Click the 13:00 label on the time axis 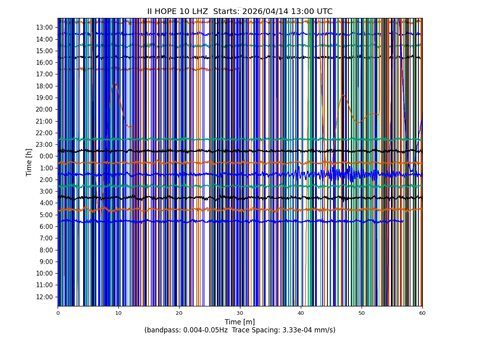[x=44, y=27]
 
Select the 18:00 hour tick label [x=44, y=86]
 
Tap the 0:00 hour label [x=46, y=156]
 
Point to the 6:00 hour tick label [x=46, y=226]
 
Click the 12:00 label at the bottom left [x=44, y=297]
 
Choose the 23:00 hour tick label [x=44, y=144]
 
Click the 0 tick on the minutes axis [x=58, y=313]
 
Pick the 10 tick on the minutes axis [x=118, y=313]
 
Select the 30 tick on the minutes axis [x=240, y=313]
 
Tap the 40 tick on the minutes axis [x=301, y=313]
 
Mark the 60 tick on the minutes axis [x=422, y=313]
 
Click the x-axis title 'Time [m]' [x=240, y=322]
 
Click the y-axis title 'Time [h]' [x=29, y=162]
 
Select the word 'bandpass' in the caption [x=162, y=330]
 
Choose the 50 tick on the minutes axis [x=362, y=313]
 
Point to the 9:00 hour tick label [x=46, y=262]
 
